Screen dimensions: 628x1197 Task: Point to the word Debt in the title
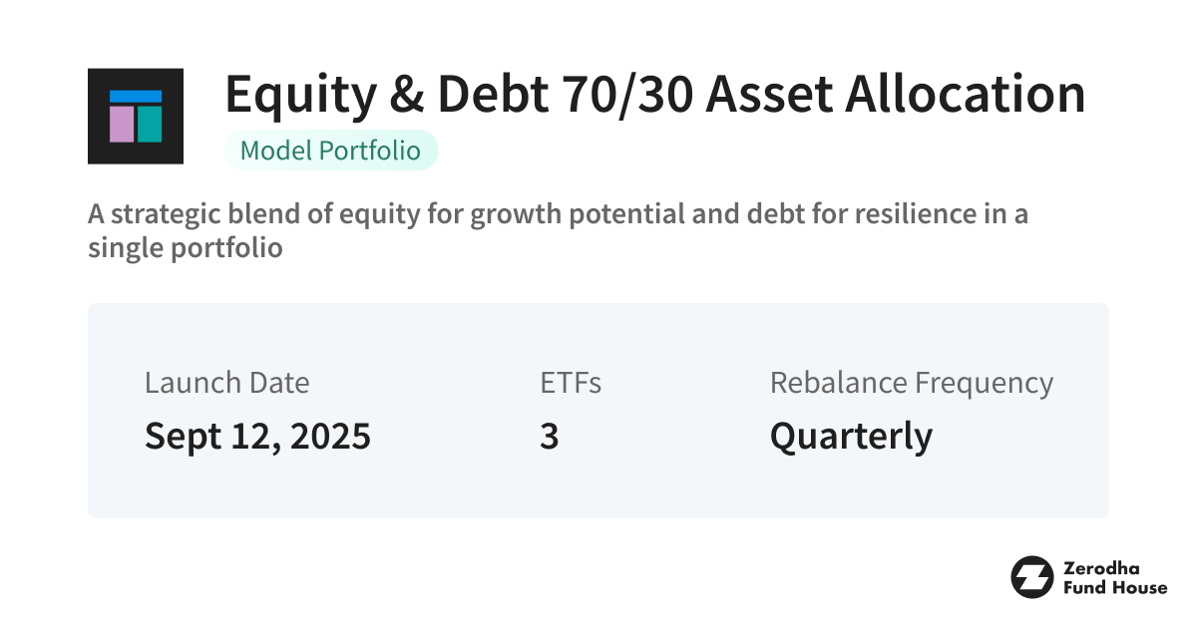click(491, 96)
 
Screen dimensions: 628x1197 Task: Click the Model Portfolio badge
click(331, 151)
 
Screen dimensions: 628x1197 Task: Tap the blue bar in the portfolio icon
click(136, 97)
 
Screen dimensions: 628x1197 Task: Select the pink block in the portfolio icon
click(122, 124)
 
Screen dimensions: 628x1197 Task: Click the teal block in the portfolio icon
click(150, 124)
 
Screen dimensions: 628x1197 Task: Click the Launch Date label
click(226, 383)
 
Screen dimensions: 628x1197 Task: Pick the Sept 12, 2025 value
click(257, 437)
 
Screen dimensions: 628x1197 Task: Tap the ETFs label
click(570, 383)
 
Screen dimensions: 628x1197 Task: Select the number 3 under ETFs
click(549, 437)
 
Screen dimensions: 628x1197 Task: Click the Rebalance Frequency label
click(911, 383)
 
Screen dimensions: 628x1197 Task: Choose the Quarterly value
click(851, 437)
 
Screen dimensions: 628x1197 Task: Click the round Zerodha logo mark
click(1031, 577)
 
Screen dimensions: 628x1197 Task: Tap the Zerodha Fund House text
click(1114, 577)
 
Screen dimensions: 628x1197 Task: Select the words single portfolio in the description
click(185, 247)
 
